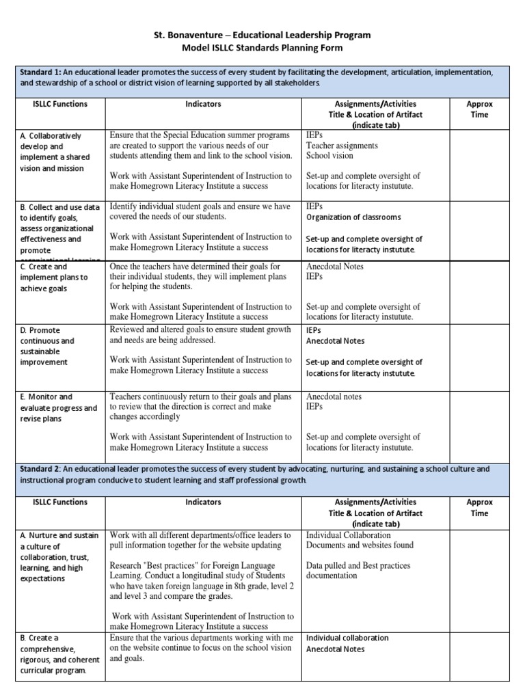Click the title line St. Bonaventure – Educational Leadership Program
tap(262, 35)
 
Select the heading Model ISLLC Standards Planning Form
tap(262, 48)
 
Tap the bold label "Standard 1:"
tap(40, 72)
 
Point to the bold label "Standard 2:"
tap(40, 469)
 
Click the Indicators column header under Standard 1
tap(203, 104)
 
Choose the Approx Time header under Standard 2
tap(479, 507)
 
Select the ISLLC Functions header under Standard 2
tap(60, 502)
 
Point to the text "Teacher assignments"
tap(341, 146)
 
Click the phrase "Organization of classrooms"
tap(353, 217)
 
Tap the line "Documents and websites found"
tap(360, 545)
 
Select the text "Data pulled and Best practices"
tap(358, 565)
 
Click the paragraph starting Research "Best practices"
tap(198, 581)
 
